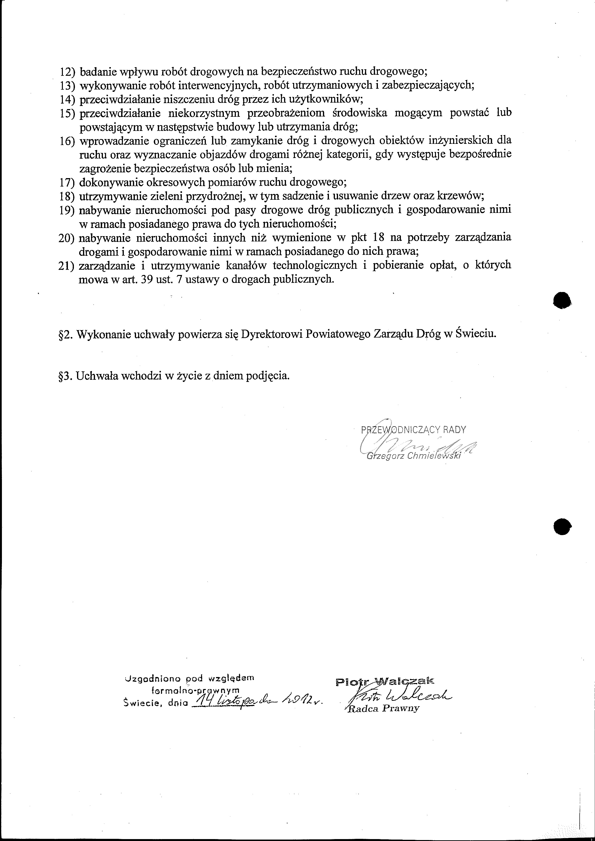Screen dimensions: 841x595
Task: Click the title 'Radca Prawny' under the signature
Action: tap(382, 708)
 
